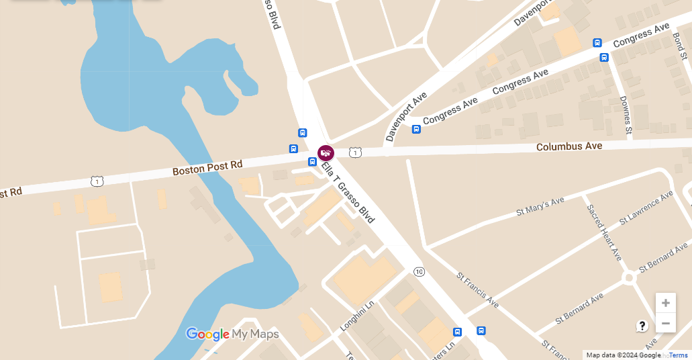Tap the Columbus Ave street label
(569, 146)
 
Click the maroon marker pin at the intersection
(326, 152)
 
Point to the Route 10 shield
(419, 271)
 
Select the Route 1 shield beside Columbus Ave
(355, 153)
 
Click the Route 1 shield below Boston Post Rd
(97, 181)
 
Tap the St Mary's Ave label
(540, 206)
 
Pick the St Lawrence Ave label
(646, 207)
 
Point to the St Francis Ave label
(478, 289)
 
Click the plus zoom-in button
(665, 303)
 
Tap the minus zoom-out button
(665, 323)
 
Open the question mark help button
(642, 326)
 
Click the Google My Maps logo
(232, 334)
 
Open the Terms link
(678, 355)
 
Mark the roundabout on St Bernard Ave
(629, 277)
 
